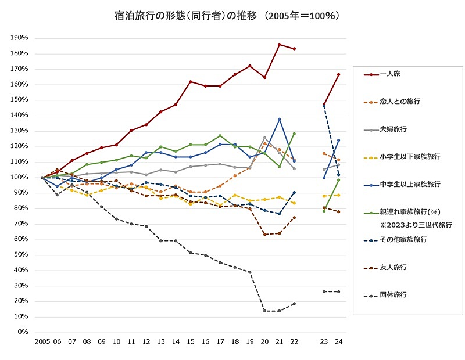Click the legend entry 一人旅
coord(390,74)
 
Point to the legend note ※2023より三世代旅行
coord(415,225)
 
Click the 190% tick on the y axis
coord(20,38)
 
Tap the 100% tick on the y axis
coord(20,177)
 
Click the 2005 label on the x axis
coord(42,343)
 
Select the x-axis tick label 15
coord(191,343)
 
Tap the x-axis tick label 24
coord(338,343)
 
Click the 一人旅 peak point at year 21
coord(280,44)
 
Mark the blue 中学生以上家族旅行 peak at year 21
coord(280,119)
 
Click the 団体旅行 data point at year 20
coord(265,311)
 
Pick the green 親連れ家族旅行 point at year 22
coord(295,134)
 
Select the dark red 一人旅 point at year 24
coord(338,74)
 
